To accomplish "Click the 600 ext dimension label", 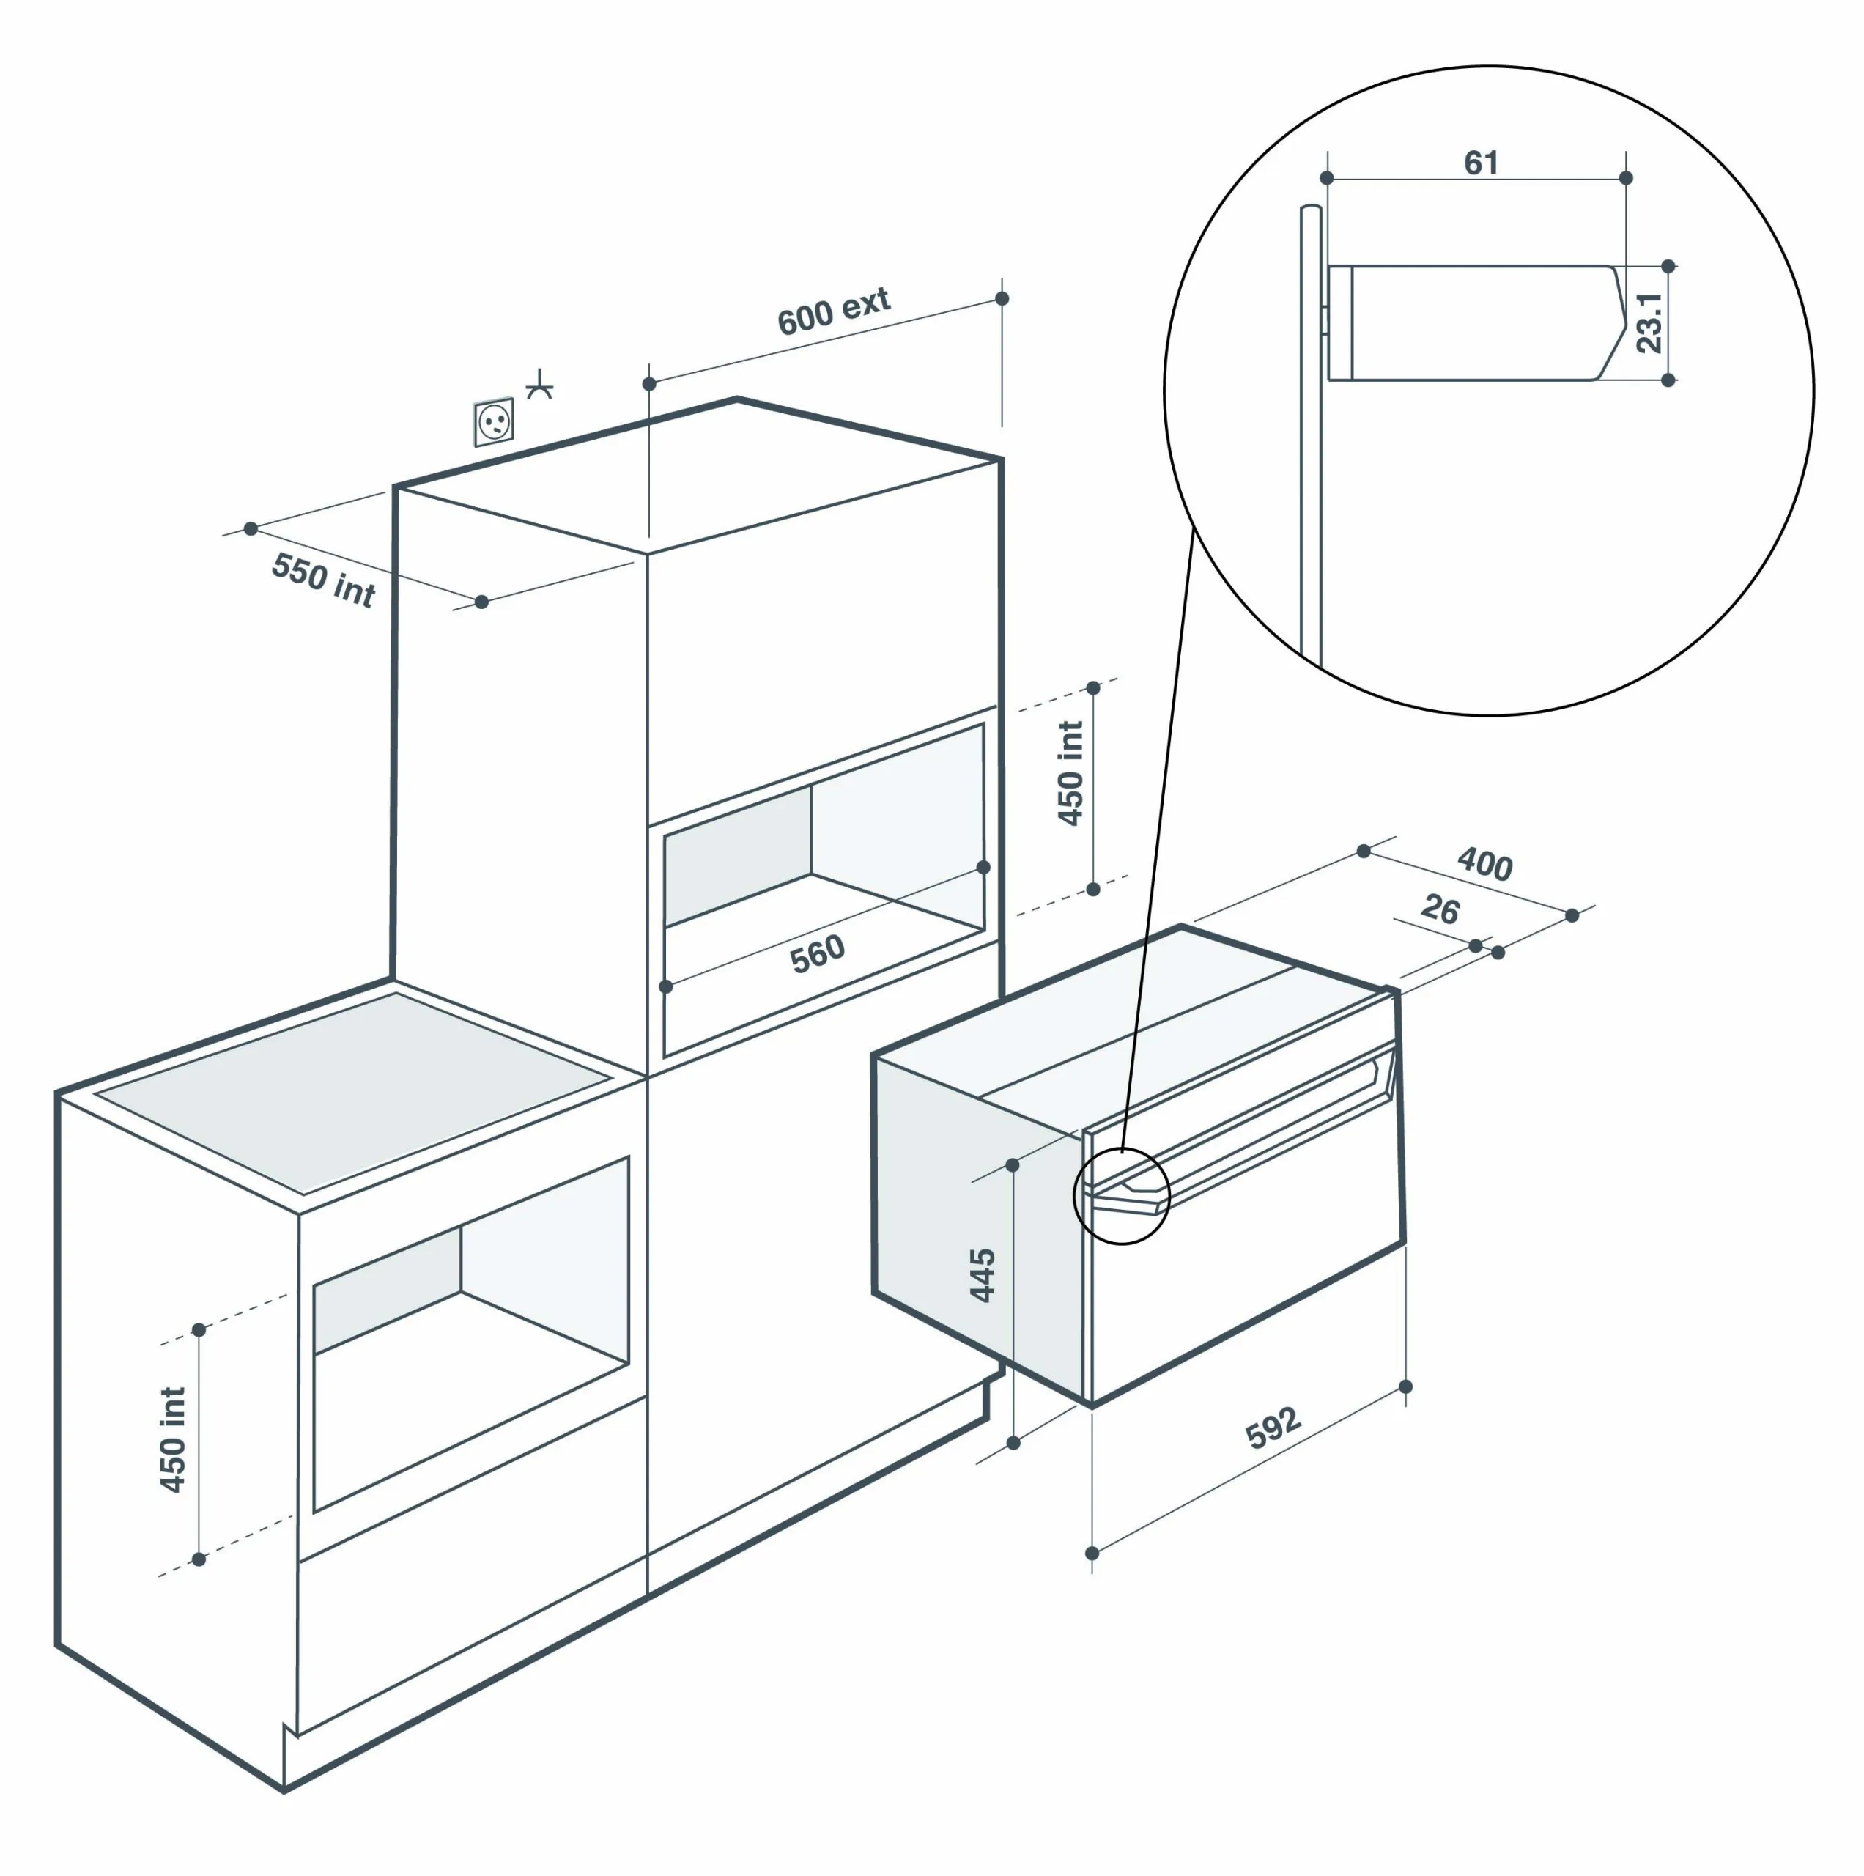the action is point(833,311).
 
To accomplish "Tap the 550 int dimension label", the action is point(323,580).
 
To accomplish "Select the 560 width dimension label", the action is point(818,953).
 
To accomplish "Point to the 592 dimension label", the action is point(1273,1427).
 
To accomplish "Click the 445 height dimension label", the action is point(983,1275).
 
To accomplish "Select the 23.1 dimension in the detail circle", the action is point(1649,322).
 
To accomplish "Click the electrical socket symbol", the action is point(493,422).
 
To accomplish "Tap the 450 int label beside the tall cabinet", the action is point(1070,773).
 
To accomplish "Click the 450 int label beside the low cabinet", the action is point(173,1439).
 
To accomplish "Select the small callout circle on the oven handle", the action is point(1121,1195).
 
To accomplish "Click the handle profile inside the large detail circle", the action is point(1476,322).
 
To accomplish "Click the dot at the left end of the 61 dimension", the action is point(1327,177).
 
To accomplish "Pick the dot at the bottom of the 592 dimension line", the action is point(1092,1553).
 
